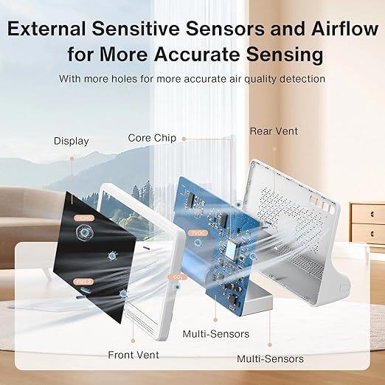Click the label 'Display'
(x=71, y=141)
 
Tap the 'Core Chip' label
(x=152, y=138)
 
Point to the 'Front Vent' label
(x=132, y=353)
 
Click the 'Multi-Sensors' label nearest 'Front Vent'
(x=215, y=334)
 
